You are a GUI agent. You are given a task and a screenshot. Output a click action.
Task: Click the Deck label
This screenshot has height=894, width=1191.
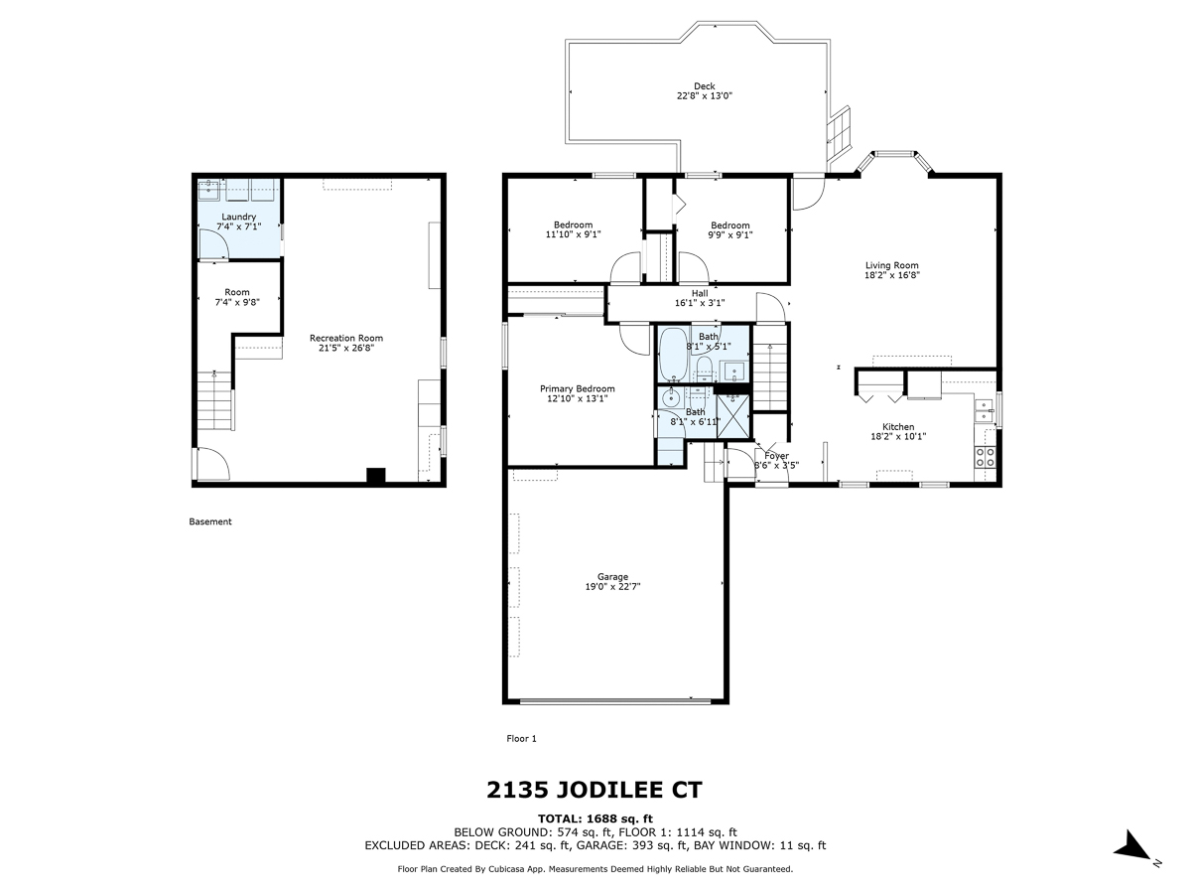pos(704,85)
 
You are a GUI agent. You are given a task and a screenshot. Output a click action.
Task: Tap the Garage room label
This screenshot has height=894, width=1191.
pos(612,576)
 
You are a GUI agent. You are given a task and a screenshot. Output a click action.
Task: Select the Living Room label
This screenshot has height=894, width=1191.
pos(891,265)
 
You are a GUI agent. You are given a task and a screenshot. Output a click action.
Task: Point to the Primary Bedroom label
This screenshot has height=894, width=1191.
pos(577,388)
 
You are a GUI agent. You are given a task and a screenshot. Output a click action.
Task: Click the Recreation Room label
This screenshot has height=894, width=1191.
pos(345,338)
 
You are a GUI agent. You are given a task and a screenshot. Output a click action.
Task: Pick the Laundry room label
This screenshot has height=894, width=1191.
pos(238,217)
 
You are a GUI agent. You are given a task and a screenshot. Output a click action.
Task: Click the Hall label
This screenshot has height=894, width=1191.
pos(700,293)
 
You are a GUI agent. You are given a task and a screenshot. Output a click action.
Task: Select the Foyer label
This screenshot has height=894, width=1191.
pos(776,456)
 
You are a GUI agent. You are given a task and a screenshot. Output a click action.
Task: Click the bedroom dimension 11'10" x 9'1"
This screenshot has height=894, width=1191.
pos(573,234)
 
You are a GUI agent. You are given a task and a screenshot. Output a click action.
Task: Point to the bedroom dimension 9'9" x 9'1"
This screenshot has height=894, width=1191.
pos(729,235)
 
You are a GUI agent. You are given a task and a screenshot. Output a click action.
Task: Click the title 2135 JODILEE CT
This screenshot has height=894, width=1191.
pos(595,791)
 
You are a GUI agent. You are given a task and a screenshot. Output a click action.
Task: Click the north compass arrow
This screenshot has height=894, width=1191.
pos(1131,847)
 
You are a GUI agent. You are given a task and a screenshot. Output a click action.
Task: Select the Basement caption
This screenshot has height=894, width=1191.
pos(209,521)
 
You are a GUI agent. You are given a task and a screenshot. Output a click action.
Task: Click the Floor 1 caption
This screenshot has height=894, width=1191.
pos(521,738)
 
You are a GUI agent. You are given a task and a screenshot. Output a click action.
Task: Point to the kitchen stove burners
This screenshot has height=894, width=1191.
pos(987,457)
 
